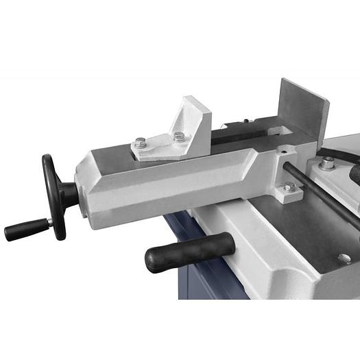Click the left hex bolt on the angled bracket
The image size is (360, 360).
[x=141, y=143]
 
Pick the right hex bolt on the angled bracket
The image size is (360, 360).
[x=180, y=136]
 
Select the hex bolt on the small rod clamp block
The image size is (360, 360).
[x=290, y=187]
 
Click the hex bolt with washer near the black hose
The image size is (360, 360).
[x=328, y=163]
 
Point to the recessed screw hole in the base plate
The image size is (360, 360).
[x=344, y=259]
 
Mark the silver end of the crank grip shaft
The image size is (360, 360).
[x=49, y=223]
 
